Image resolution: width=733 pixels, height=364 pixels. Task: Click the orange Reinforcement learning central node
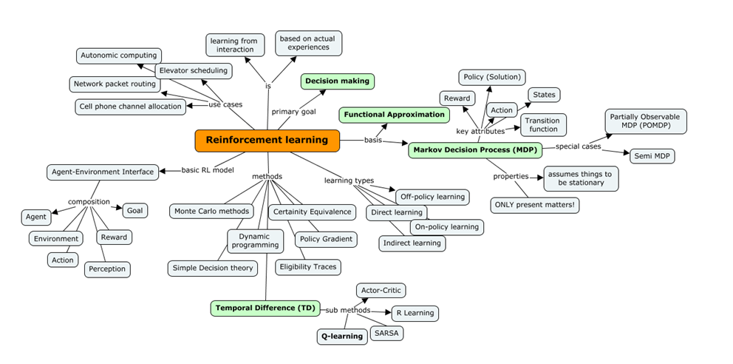click(267, 141)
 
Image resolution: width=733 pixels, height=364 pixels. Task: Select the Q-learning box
click(342, 336)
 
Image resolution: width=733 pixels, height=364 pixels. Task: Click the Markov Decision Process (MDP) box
click(474, 150)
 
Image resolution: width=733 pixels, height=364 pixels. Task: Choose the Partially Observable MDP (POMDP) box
click(646, 121)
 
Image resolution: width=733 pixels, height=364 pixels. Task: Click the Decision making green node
click(337, 81)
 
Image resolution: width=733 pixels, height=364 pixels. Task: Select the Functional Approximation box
click(395, 115)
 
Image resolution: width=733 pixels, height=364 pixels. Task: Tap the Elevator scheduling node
click(194, 71)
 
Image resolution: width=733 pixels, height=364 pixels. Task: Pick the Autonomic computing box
click(119, 55)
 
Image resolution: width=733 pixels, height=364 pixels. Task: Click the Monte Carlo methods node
click(211, 211)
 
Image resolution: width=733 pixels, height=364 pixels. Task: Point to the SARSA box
click(386, 333)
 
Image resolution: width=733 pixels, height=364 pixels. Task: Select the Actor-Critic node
click(381, 291)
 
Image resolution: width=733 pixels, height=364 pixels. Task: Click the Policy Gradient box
click(326, 239)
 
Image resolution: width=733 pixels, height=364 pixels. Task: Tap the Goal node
click(134, 210)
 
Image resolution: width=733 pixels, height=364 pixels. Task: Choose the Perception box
click(107, 269)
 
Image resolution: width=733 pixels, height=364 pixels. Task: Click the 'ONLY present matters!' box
click(535, 205)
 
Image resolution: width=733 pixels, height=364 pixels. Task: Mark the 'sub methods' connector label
click(348, 310)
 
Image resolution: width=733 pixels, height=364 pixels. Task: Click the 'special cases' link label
click(578, 146)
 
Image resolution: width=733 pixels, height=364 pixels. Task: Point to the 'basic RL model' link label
click(208, 171)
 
